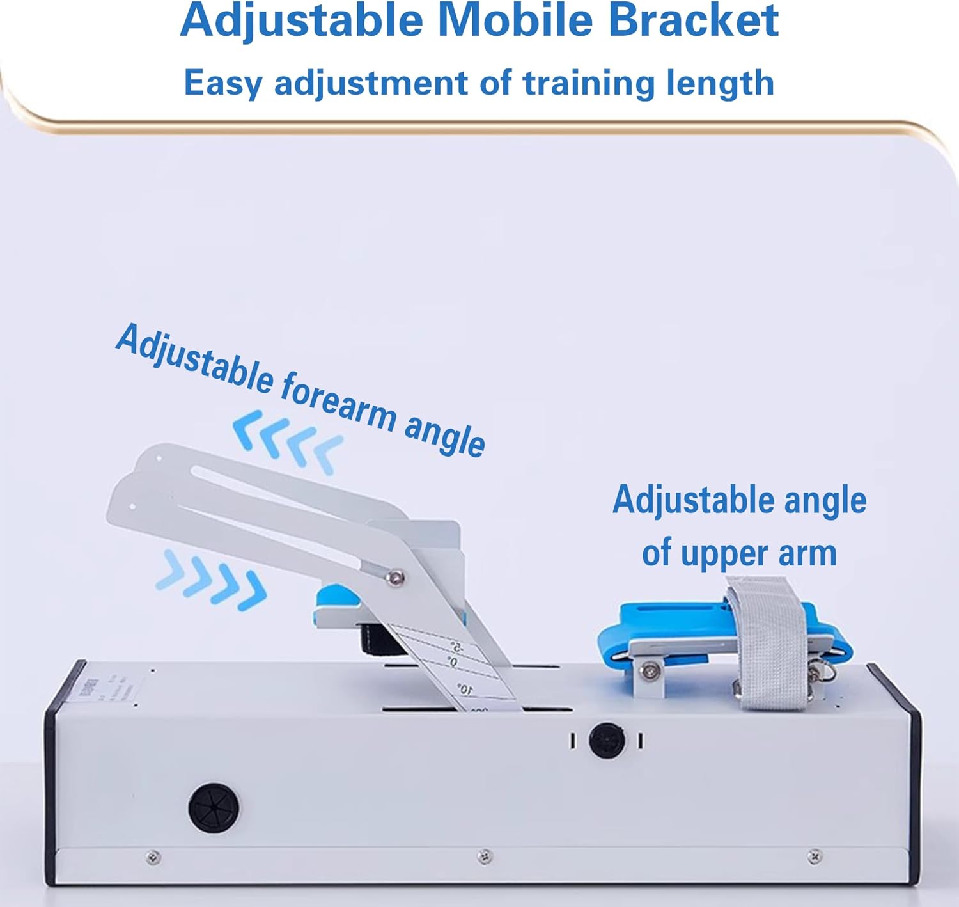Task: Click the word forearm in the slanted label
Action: (x=338, y=402)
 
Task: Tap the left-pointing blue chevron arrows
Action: (x=287, y=441)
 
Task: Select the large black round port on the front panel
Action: (x=214, y=807)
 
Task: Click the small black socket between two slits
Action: (x=606, y=740)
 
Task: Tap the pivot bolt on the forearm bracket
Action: (x=396, y=578)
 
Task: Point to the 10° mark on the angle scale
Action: (x=465, y=689)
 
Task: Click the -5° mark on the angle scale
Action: (x=455, y=646)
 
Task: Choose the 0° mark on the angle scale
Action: (x=452, y=662)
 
